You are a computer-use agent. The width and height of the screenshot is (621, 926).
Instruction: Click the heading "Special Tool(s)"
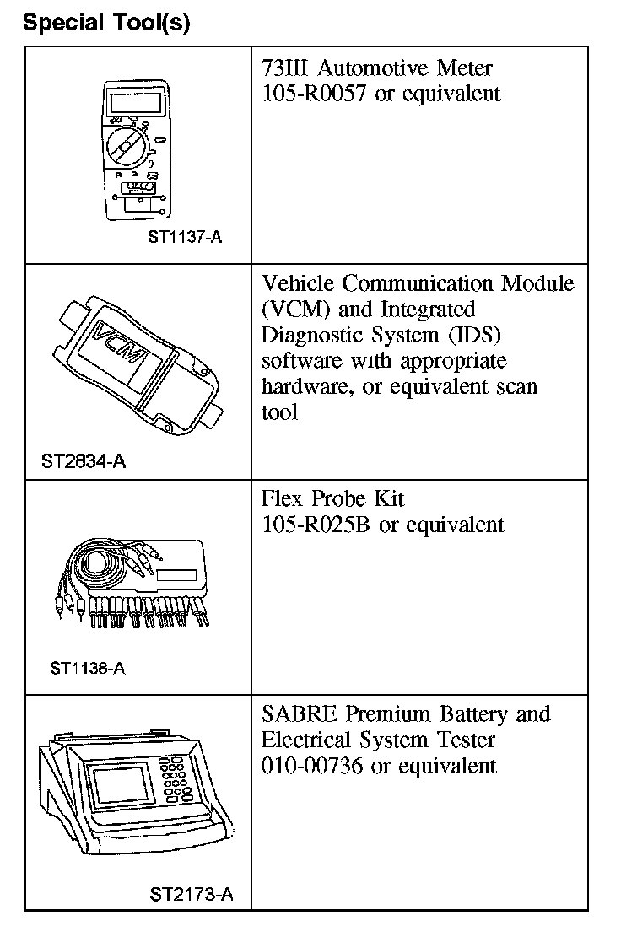106,22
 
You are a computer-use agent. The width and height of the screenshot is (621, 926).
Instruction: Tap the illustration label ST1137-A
185,237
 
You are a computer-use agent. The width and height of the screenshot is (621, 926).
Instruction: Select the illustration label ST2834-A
84,461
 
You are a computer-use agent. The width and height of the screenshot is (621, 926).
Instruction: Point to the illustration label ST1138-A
87,669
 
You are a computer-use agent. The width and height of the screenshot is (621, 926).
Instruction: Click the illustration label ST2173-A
191,893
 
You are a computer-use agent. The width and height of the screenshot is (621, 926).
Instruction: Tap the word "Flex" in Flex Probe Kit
283,499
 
